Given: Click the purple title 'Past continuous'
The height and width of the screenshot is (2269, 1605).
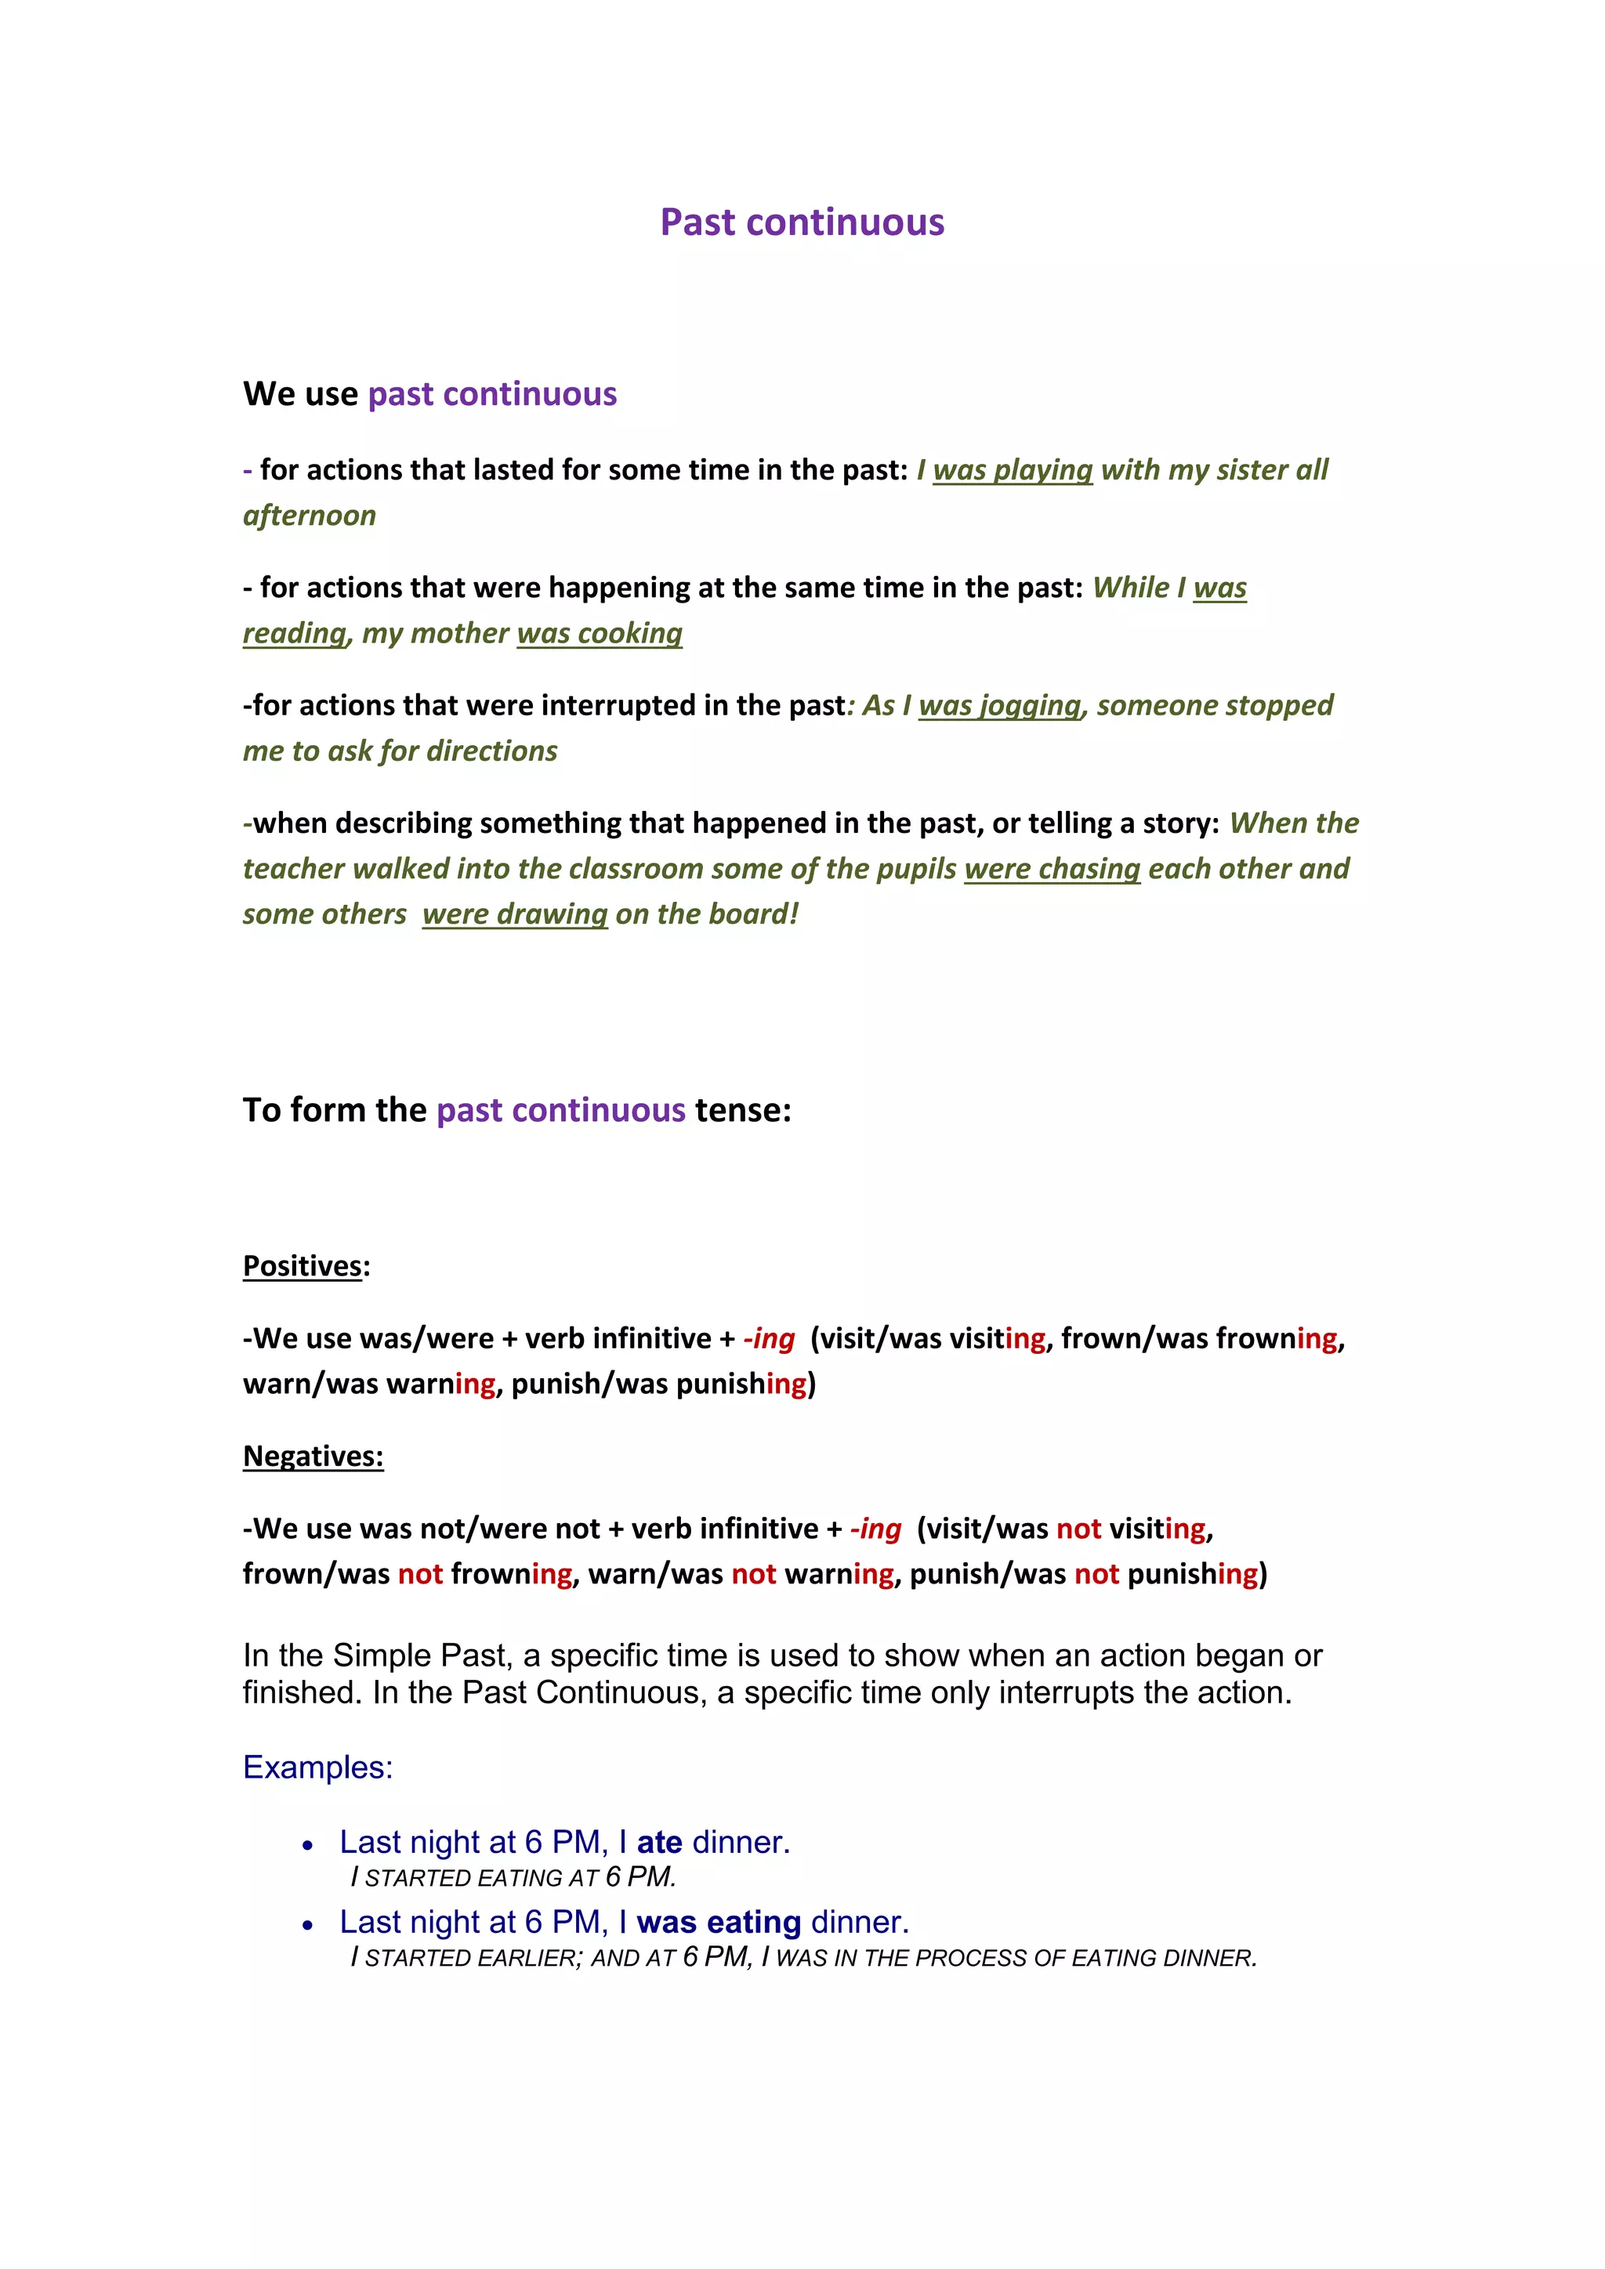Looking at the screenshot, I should tap(802, 223).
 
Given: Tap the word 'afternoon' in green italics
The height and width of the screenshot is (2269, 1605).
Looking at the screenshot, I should tap(310, 515).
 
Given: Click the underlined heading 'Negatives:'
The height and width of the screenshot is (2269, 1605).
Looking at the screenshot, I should tap(313, 1456).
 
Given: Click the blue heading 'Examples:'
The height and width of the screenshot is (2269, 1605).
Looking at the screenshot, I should tap(317, 1766).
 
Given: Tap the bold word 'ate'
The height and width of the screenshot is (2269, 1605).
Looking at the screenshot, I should tap(659, 1842).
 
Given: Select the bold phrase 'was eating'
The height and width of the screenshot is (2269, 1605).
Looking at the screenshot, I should tap(719, 1922).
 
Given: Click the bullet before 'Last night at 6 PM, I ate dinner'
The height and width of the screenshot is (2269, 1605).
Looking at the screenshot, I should tap(308, 1845).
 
